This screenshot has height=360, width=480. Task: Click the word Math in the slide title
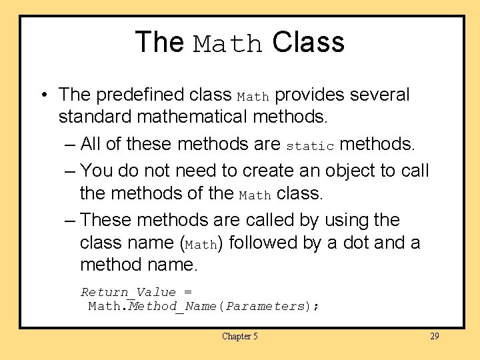228,44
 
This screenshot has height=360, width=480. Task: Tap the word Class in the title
308,42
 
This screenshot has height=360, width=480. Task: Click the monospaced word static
310,145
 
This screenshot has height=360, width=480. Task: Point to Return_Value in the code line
129,292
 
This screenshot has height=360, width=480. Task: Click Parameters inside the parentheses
265,307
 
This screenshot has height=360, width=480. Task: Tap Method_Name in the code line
173,307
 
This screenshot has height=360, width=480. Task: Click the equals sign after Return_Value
187,293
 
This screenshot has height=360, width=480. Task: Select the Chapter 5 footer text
240,337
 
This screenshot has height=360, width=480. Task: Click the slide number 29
435,337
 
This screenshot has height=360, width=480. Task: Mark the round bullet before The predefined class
43,95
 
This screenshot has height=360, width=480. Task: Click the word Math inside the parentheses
201,245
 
